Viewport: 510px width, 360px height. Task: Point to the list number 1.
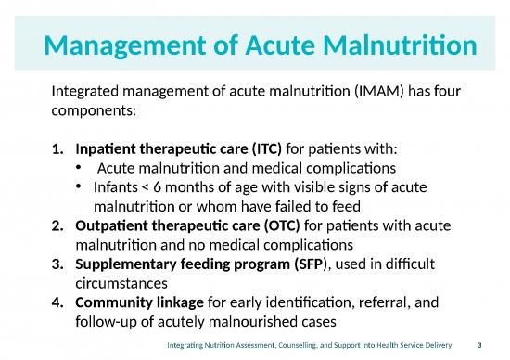(x=57, y=148)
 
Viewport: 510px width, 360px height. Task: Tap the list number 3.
(x=57, y=264)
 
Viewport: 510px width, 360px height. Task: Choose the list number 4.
(x=57, y=303)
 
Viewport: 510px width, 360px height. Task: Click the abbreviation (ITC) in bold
(x=238, y=148)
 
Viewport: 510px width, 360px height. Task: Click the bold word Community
(x=111, y=303)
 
